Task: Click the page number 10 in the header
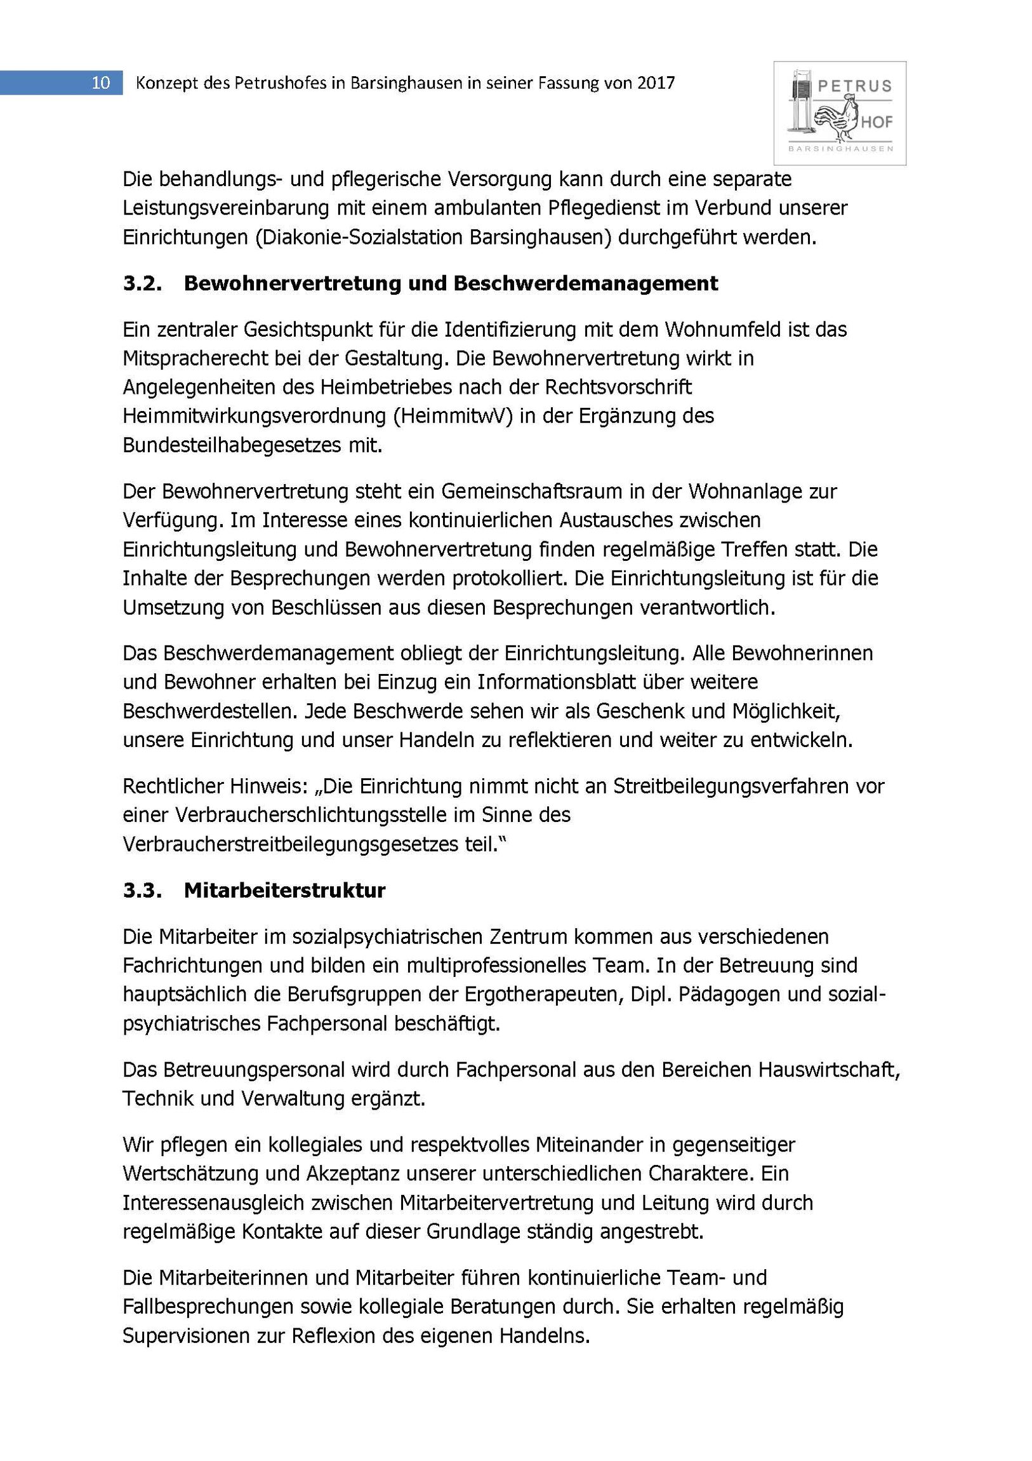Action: tap(101, 83)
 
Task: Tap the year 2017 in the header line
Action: tap(655, 83)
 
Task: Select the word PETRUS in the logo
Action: tap(854, 86)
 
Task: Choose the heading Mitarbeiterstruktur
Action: tap(285, 890)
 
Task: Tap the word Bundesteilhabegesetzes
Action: tap(233, 445)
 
